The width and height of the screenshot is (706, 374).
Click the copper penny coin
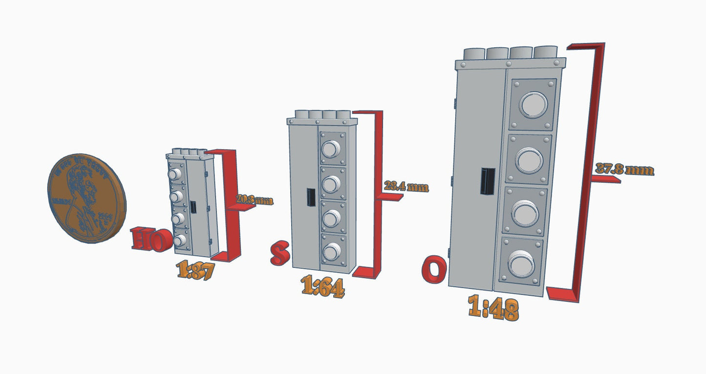coord(86,198)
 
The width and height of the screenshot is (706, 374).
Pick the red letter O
coord(434,270)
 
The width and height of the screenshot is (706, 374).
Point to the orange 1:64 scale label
coord(322,286)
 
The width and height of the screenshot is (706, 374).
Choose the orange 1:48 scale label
coord(492,308)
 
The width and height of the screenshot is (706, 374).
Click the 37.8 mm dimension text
coord(624,170)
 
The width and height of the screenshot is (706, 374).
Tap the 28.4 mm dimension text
coord(406,186)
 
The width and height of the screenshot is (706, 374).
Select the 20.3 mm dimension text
coord(254,199)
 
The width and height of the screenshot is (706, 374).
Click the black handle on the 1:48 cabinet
coord(487,181)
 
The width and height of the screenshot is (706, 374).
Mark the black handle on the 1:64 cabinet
coord(310,197)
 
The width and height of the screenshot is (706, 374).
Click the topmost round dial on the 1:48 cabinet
coord(533,105)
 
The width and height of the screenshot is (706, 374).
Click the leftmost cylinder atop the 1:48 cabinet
coord(473,53)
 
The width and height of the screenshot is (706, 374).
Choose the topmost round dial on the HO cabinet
coord(174,174)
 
